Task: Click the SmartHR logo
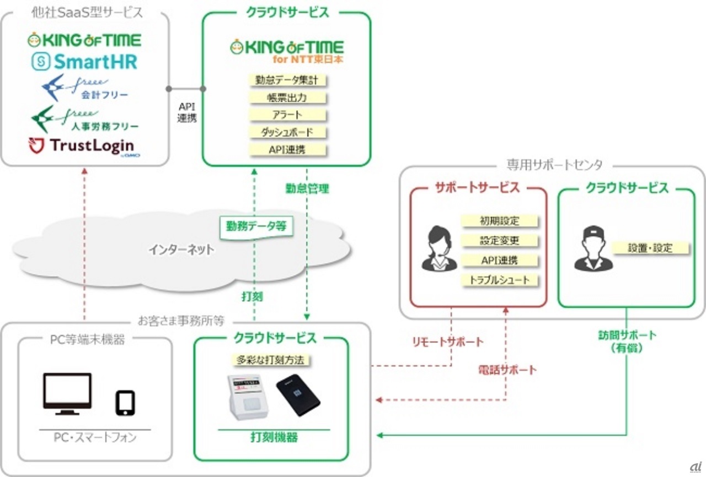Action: (84, 62)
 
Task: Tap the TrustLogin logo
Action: (84, 146)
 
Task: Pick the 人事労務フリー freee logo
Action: (84, 119)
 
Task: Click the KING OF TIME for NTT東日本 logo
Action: (287, 51)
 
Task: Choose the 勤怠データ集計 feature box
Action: (287, 80)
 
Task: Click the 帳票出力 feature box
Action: (287, 97)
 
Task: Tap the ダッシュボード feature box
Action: (287, 132)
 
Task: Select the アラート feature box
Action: (287, 115)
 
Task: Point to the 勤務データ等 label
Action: (256, 226)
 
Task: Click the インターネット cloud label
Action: (181, 250)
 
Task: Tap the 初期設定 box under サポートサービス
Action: (500, 221)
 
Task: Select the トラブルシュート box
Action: (500, 280)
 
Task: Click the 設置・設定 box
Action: (650, 248)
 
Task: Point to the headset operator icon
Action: (439, 249)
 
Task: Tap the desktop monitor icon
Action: (67, 393)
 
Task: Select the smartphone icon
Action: (125, 403)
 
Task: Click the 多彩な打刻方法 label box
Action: (271, 360)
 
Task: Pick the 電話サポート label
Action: (507, 370)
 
